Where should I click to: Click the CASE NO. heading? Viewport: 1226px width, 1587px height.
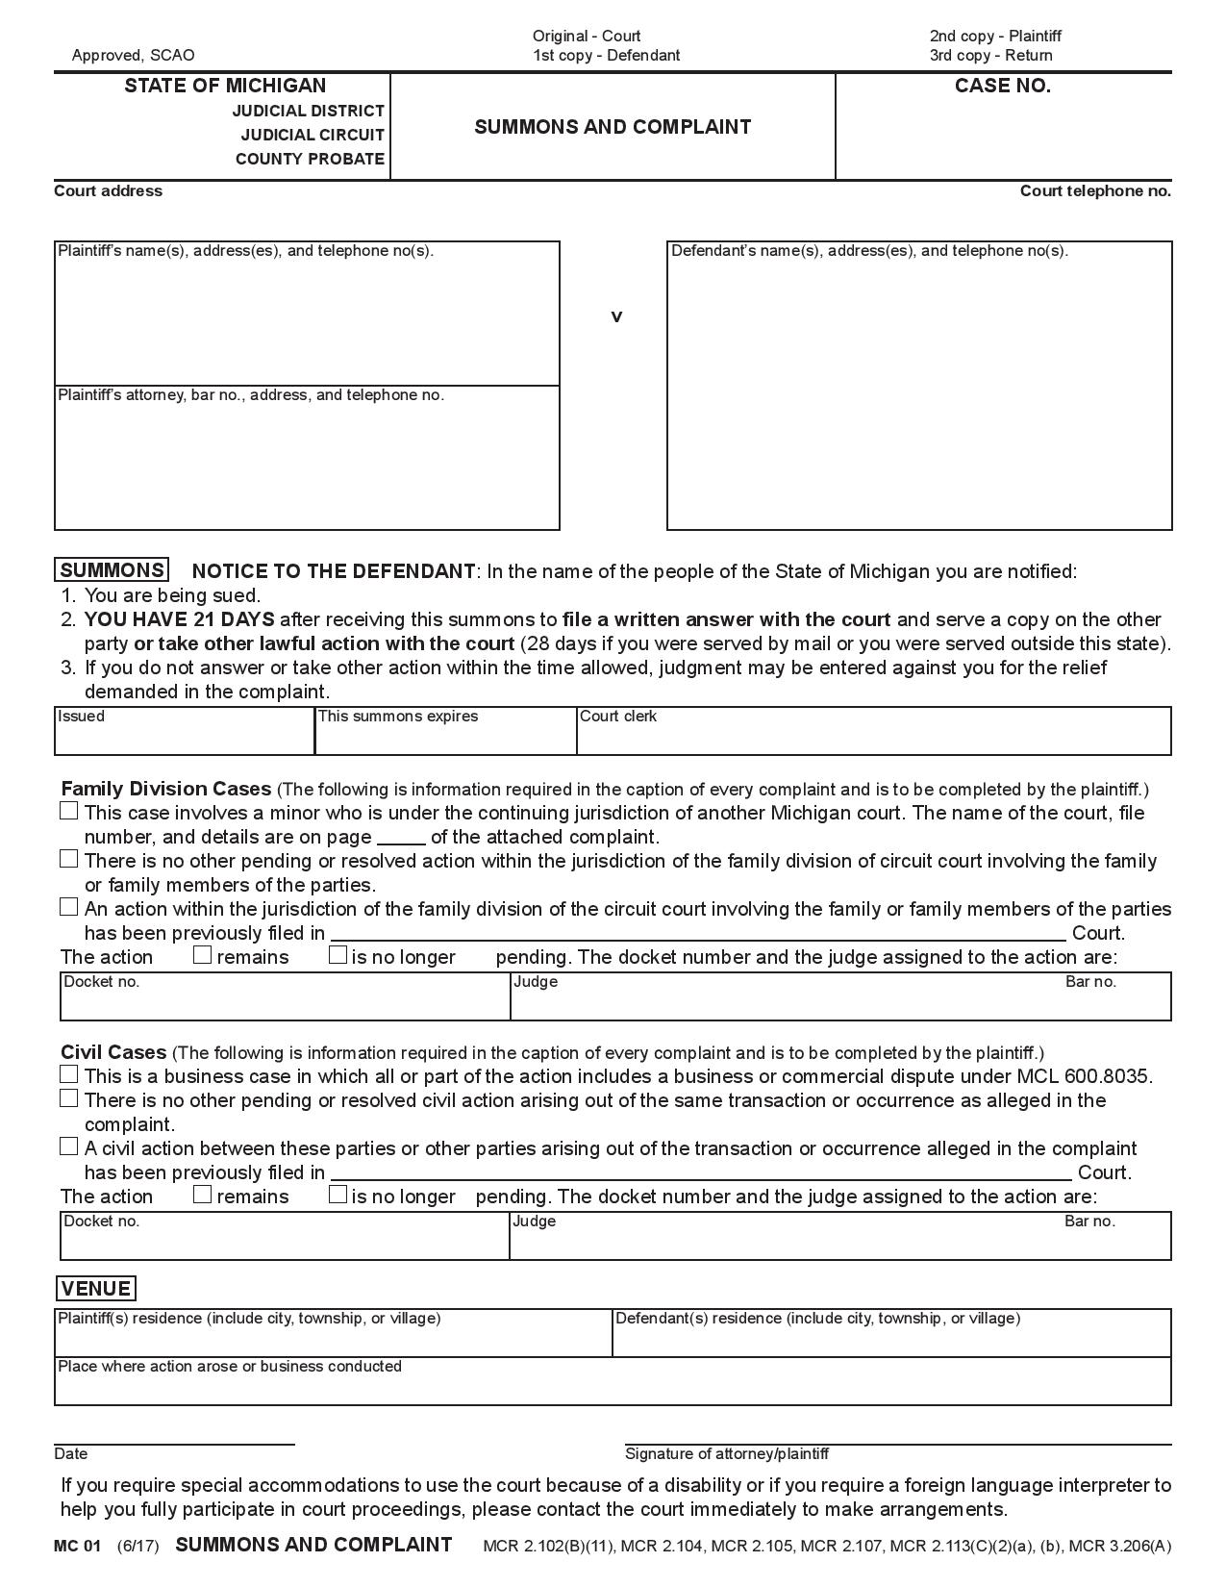coord(1002,87)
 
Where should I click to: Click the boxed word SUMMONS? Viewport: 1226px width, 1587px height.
coord(112,570)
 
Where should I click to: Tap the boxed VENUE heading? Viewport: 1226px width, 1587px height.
coord(95,1289)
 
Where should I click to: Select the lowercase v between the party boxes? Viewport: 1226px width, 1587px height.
coord(616,316)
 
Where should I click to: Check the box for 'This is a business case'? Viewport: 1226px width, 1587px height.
coord(68,1074)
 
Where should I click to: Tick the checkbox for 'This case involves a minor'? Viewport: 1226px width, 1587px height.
coord(68,811)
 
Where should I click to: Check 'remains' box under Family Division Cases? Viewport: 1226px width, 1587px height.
coord(202,955)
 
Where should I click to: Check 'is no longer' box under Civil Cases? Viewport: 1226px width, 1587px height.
coord(338,1195)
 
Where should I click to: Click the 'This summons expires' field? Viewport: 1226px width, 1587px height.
coord(445,736)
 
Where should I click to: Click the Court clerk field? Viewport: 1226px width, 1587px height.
coord(873,736)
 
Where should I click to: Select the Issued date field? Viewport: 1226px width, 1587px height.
coord(185,736)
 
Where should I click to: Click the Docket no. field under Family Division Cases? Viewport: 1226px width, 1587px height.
coord(285,1001)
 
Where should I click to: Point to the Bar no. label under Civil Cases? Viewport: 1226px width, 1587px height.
coord(1089,1222)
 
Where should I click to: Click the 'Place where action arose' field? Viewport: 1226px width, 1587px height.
coord(613,1386)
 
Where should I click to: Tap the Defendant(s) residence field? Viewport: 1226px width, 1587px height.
coord(891,1338)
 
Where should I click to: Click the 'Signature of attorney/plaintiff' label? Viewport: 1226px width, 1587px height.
coord(727,1453)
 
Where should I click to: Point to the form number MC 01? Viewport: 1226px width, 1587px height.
coord(77,1547)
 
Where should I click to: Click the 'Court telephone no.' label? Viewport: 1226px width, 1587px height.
coord(1095,191)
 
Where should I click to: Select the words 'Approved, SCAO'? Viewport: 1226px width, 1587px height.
coord(133,56)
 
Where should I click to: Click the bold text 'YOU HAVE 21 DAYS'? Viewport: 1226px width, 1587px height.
coord(180,619)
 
